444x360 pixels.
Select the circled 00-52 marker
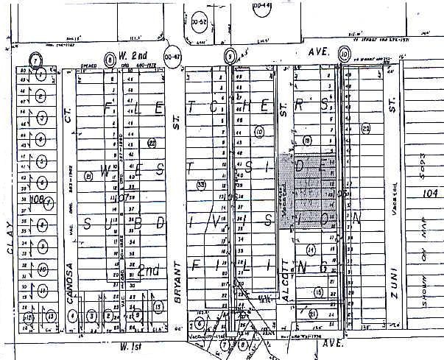pyautogui.click(x=199, y=23)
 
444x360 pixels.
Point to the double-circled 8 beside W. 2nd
pyautogui.click(x=110, y=58)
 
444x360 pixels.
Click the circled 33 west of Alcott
pyautogui.click(x=202, y=185)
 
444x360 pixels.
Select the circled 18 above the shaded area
pyautogui.click(x=306, y=140)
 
